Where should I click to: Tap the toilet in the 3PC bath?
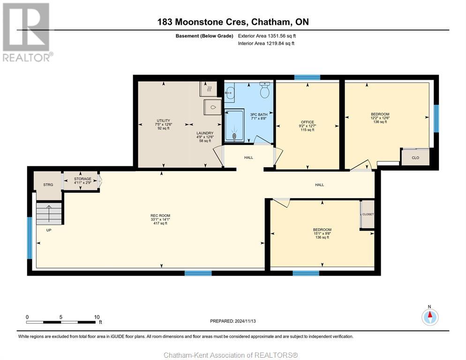264,90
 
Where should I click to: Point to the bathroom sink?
229,93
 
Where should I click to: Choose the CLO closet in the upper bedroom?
415,157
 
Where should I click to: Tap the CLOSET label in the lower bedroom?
368,214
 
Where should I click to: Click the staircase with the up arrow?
49,213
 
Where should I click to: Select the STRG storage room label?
48,185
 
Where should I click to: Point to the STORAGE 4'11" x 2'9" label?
83,181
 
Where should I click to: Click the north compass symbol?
430,317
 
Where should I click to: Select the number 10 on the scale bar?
97,317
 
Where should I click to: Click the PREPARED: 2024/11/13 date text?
233,321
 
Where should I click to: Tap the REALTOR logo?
26,32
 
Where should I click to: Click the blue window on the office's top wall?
307,78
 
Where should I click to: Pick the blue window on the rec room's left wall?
30,238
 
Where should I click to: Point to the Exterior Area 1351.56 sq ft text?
267,36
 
